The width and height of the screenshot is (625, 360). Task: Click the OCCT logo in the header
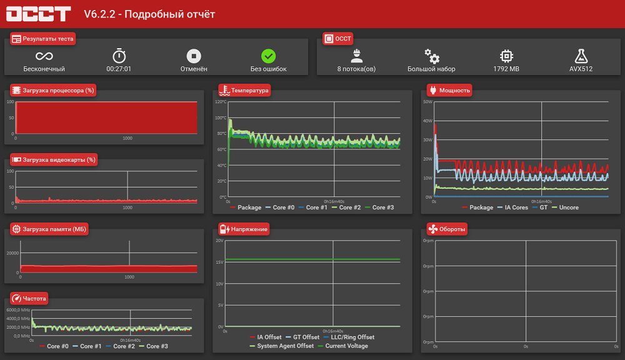coord(38,14)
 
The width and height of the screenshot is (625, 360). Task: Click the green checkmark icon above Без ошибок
coord(268,56)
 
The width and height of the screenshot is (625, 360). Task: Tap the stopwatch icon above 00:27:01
coord(119,56)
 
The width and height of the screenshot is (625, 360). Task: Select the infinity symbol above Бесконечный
coord(44,56)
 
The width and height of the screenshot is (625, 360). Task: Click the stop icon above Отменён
coord(194,56)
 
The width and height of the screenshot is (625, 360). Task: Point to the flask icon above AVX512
coord(581,56)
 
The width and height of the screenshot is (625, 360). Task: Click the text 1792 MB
coord(506,69)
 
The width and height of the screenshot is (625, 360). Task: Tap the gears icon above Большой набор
coord(432,56)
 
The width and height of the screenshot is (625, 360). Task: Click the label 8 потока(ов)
coord(356,69)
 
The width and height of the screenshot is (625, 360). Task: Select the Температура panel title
coord(249,91)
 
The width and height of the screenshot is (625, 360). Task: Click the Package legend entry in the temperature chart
coord(246,207)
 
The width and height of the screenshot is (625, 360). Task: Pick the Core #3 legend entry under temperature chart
coord(379,207)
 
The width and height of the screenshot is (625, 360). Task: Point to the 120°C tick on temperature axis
coord(221,102)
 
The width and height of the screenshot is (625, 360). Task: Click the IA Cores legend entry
coord(513,207)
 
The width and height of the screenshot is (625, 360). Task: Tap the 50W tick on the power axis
coord(427,102)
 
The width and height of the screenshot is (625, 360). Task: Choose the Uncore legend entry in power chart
coord(566,207)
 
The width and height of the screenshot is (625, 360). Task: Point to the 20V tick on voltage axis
coord(219,241)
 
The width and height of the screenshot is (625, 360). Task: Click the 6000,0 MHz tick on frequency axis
coord(18,310)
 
